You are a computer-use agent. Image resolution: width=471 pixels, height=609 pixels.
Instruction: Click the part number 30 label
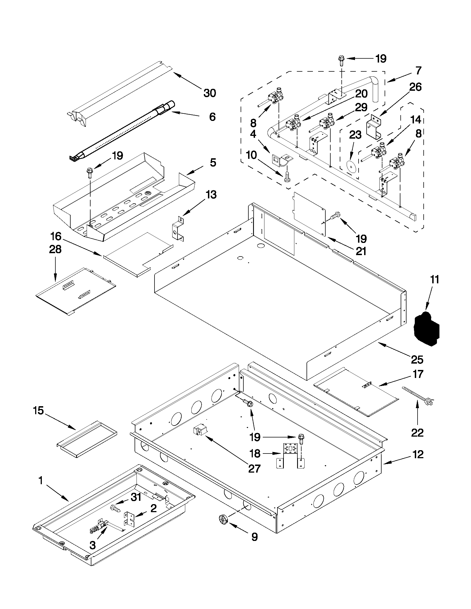click(x=210, y=93)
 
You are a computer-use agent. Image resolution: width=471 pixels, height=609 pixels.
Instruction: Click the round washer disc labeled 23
click(x=351, y=165)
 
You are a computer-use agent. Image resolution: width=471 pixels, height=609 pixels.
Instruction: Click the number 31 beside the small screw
click(x=136, y=497)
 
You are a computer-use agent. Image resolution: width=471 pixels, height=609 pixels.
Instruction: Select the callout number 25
click(x=417, y=360)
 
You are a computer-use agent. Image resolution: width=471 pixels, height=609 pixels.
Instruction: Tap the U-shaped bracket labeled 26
click(x=374, y=127)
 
